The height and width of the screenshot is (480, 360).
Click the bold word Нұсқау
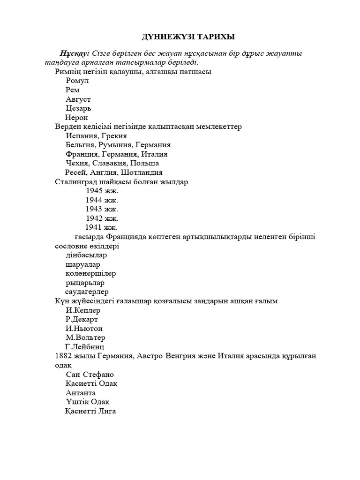[75, 53]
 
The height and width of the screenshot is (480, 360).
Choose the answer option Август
[78, 99]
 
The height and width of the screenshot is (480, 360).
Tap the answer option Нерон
[76, 117]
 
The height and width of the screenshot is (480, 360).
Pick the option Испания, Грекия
[97, 135]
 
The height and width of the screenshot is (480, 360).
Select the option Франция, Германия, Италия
[117, 154]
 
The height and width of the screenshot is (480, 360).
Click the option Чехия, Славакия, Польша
[112, 163]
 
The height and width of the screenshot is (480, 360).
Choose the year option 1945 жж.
[102, 191]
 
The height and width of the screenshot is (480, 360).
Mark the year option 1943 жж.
[102, 209]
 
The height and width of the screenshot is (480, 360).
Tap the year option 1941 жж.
[101, 227]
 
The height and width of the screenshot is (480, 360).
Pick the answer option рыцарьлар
[85, 283]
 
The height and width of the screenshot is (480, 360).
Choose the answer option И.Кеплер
[83, 310]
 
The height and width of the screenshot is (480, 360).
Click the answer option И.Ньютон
[84, 329]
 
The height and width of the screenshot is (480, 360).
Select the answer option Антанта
[81, 393]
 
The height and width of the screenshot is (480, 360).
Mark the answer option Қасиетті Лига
[90, 411]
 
